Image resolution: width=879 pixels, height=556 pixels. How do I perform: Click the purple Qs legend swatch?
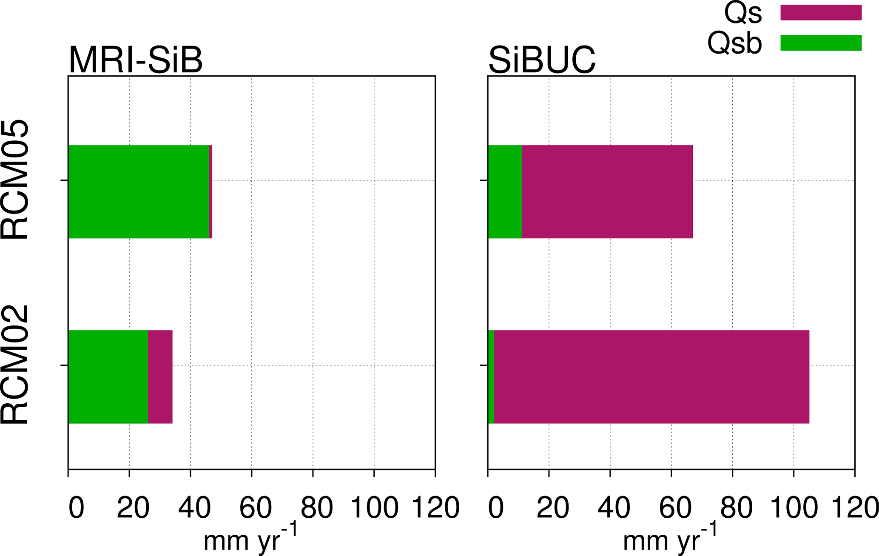point(821,13)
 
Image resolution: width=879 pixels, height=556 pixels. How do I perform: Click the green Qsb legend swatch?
point(821,43)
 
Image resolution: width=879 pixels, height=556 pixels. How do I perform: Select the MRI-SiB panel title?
point(135,60)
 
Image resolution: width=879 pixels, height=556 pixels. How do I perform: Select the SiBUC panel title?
point(542,60)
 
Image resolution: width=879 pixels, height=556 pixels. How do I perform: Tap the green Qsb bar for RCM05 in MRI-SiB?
point(139,192)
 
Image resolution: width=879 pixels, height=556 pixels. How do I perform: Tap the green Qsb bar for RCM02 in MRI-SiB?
point(108,377)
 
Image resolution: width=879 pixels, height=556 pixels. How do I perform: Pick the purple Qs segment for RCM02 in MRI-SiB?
point(160,377)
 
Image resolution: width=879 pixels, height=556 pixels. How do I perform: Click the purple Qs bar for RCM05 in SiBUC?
point(607,192)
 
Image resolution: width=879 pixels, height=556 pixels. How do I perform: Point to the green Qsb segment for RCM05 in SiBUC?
point(505,192)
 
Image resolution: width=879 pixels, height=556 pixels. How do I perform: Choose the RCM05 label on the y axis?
point(15,180)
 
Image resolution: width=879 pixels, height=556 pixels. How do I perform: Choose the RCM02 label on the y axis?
point(15,365)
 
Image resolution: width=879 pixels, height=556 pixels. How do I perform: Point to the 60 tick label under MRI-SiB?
point(255,508)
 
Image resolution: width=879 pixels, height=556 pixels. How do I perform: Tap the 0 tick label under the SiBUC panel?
point(496,508)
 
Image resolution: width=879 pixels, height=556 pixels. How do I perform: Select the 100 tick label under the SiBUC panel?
point(794,508)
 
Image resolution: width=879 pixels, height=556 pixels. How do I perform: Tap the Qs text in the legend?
point(743,14)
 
